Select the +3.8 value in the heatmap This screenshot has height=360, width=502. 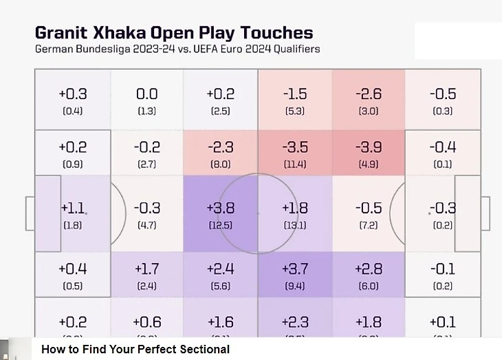tap(220, 208)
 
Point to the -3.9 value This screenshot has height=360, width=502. tap(369, 147)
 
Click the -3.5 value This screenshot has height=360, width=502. tap(295, 147)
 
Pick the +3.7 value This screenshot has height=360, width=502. tap(295, 268)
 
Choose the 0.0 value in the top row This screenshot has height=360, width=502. tap(146, 94)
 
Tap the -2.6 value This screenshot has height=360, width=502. tap(369, 94)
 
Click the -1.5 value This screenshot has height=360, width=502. tap(295, 94)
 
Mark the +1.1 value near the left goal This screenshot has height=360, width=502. tap(73, 208)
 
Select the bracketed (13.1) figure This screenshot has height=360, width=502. tap(295, 225)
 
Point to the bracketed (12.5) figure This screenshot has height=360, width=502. tap(220, 225)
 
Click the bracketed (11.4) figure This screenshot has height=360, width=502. tap(295, 165)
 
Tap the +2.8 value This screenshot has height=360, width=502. tap(369, 268)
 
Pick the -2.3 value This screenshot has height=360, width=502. tap(220, 147)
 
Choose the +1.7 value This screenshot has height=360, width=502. tap(146, 268)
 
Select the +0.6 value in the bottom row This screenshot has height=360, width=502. tap(146, 322)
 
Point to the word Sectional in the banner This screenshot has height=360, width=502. tap(204, 349)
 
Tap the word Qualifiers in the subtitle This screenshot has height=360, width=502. tap(294, 50)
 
